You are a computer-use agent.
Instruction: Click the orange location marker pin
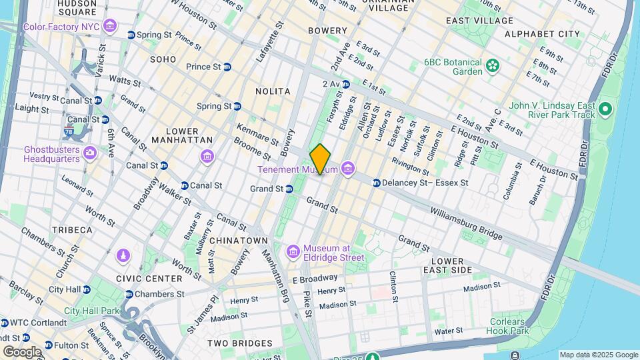pos(320,159)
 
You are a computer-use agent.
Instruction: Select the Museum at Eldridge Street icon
pos(292,251)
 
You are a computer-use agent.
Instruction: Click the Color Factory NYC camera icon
pos(110,27)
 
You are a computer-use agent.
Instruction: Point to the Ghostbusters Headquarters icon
pos(89,153)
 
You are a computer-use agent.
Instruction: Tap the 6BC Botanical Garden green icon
pos(492,65)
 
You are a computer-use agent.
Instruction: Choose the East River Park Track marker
pos(605,109)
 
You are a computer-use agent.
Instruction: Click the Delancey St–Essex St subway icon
pos(377,183)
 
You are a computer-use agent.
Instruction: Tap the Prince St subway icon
pos(227,67)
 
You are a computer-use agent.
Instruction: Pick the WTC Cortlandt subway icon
pos(5,323)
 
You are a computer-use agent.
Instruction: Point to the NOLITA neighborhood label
pos(273,91)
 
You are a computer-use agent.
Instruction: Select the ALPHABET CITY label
pos(542,33)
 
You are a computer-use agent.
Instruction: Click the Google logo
pos(22,351)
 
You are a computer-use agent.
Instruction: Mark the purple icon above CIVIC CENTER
pos(123,255)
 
